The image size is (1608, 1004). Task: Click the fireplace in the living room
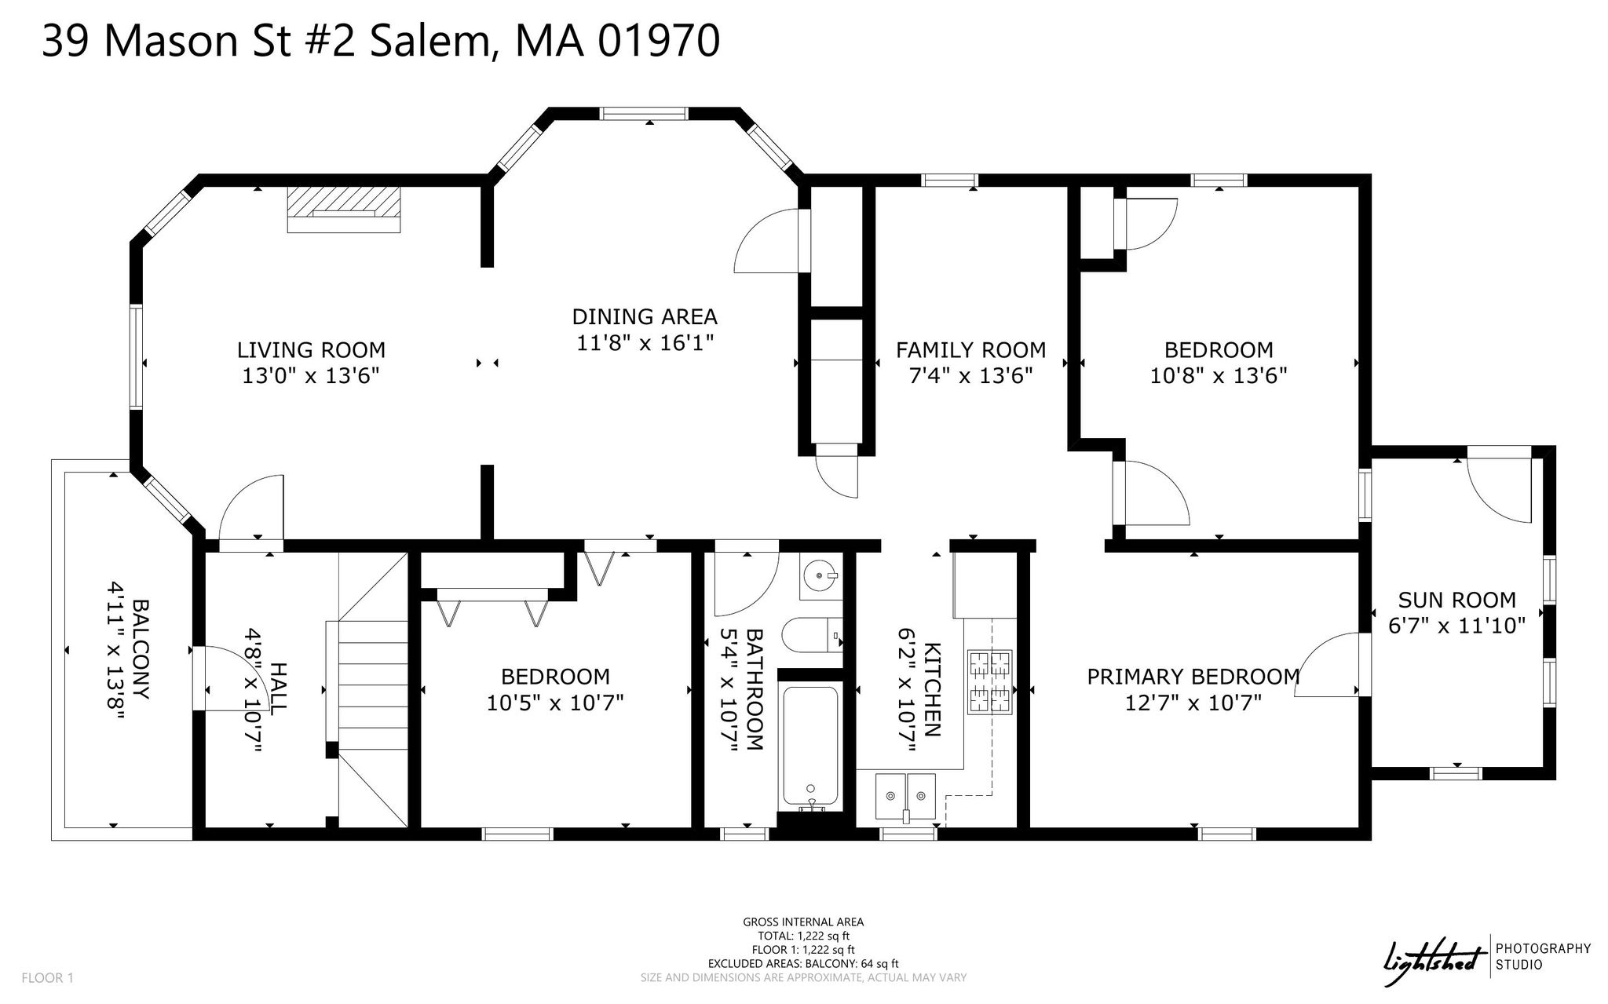[x=344, y=209]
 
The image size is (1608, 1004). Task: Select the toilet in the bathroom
[x=813, y=636]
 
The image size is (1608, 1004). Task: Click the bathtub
[x=811, y=748]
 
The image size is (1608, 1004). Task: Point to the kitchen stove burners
[x=990, y=681]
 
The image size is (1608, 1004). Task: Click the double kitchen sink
[x=907, y=796]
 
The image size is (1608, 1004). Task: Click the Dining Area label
[x=645, y=316]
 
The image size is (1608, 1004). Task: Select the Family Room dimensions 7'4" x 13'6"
[x=970, y=375]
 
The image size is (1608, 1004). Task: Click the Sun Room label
[x=1456, y=600]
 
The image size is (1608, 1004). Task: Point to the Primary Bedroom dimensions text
[x=1193, y=702]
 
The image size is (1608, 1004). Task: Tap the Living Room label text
[x=312, y=349]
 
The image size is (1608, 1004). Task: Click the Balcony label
[x=142, y=650]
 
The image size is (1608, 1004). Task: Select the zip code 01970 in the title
[x=658, y=41]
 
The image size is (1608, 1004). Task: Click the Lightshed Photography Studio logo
[x=1486, y=958]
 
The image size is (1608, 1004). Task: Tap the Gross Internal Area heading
[x=803, y=922]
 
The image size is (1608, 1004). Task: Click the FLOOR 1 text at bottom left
[x=47, y=978]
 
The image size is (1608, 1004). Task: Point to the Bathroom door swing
[x=746, y=583]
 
